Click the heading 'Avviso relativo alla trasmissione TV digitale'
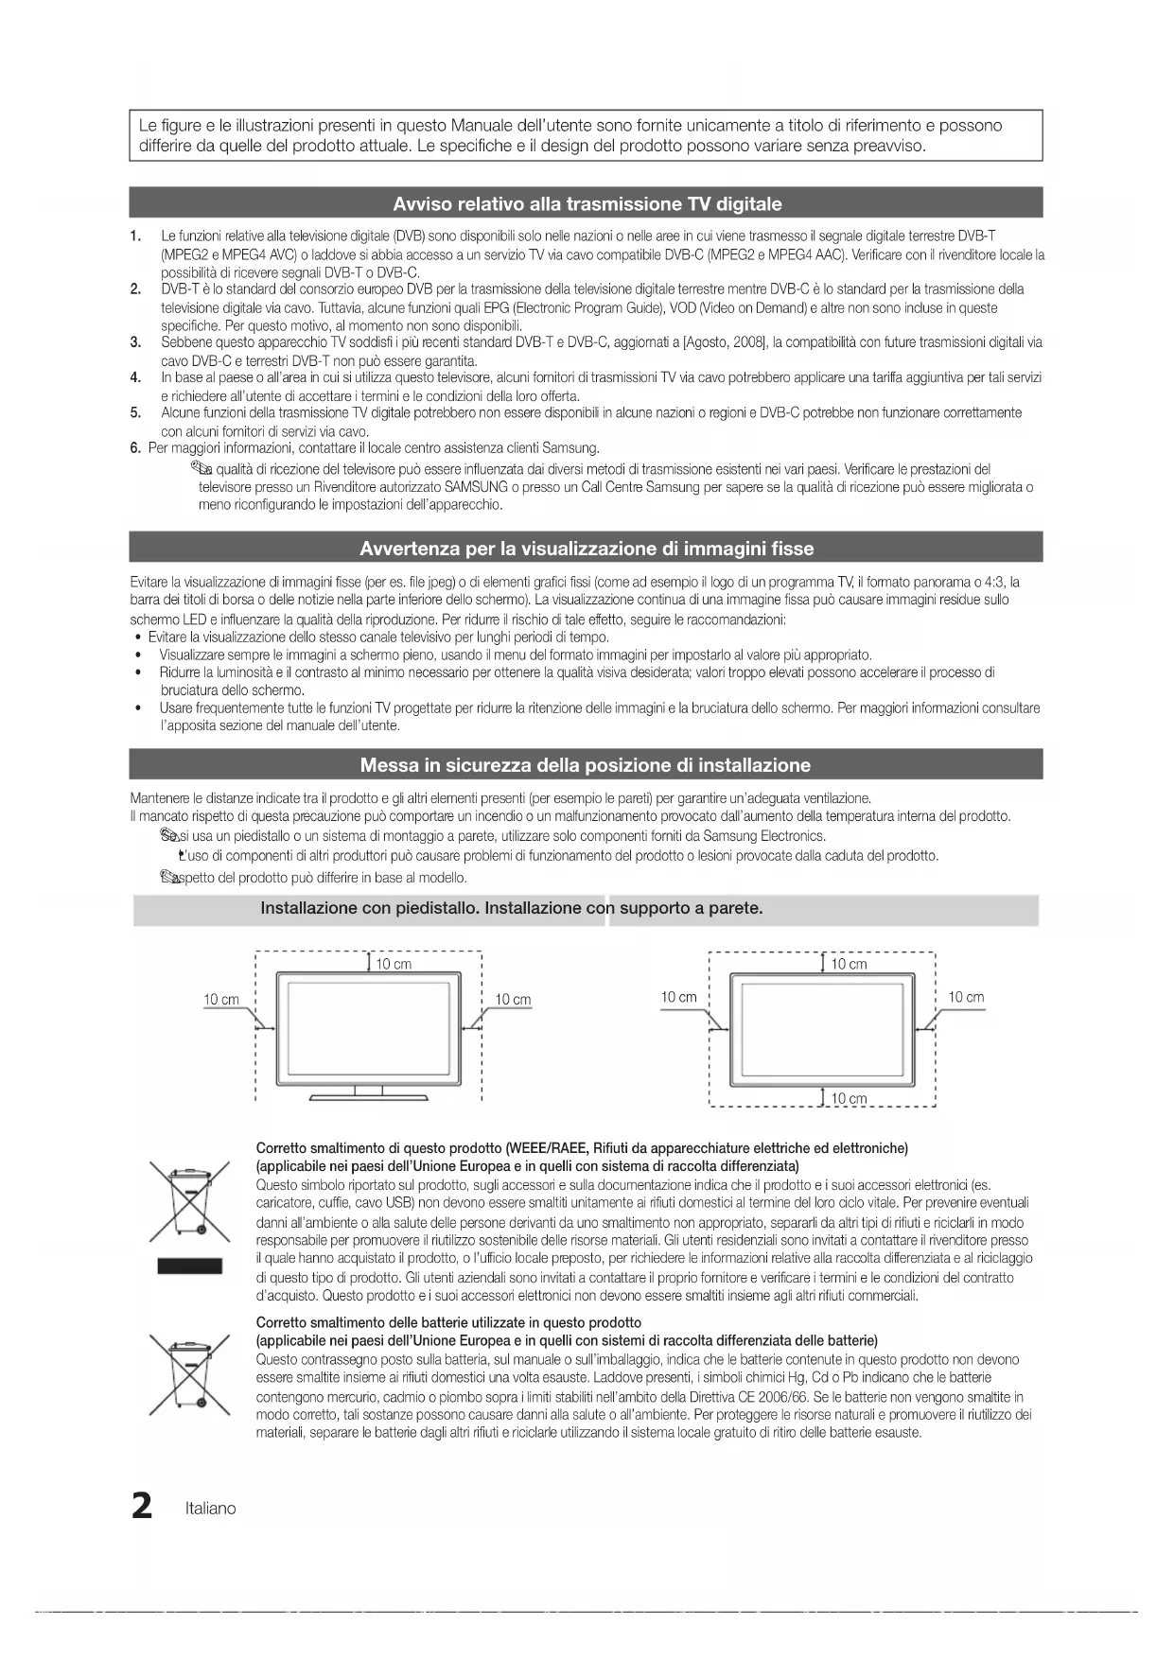tap(587, 203)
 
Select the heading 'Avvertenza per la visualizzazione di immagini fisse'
tap(587, 549)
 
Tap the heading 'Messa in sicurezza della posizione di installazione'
tap(586, 765)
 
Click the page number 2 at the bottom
tap(142, 1506)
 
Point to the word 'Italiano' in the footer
tap(211, 1508)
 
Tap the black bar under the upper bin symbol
tap(189, 1266)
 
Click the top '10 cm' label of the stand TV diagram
tap(394, 964)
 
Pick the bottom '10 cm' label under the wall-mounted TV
tap(849, 1099)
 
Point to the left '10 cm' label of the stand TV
tap(221, 999)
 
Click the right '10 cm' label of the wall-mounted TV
tap(966, 997)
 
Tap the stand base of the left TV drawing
tap(369, 1097)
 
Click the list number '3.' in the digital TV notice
tap(136, 341)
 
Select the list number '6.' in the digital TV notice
tap(135, 447)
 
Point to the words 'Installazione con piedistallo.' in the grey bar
tap(370, 908)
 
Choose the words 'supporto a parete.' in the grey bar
tap(691, 908)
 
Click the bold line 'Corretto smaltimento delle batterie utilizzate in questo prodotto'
tap(448, 1322)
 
